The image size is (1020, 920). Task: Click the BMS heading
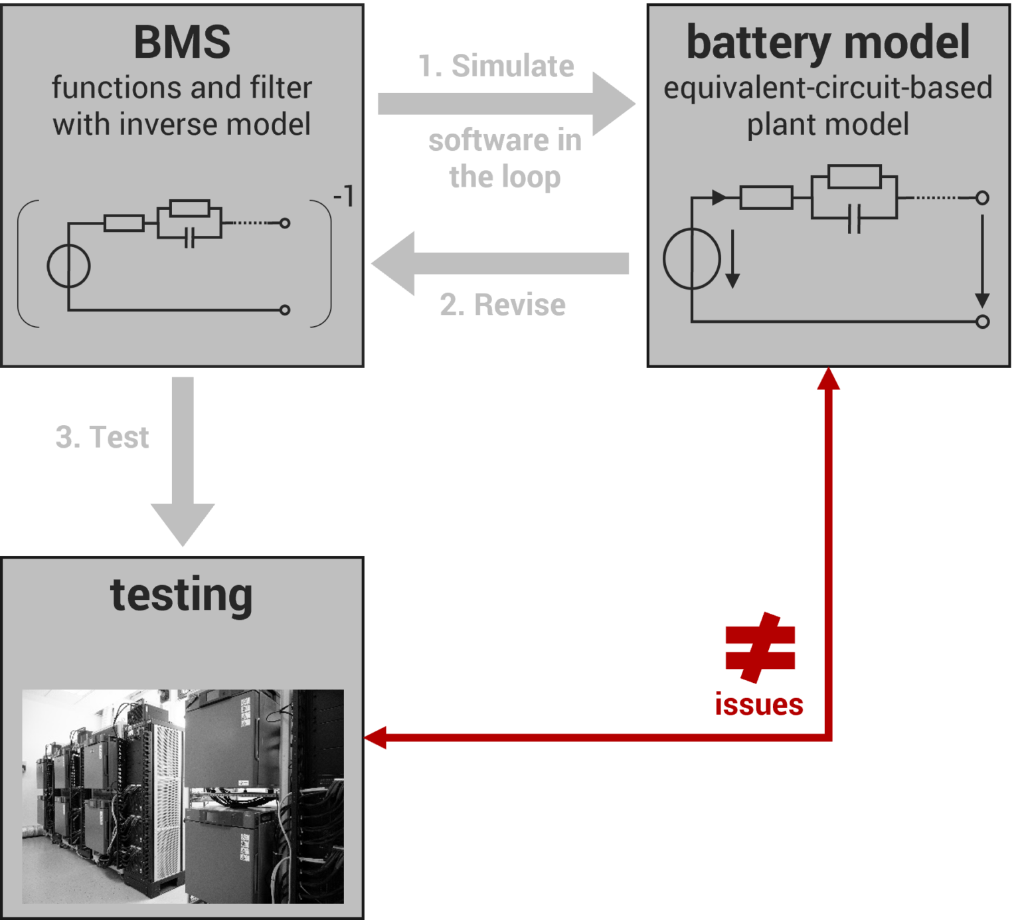point(182,43)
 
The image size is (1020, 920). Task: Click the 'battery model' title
point(827,43)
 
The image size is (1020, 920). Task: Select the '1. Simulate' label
point(496,66)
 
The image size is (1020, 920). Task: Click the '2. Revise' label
point(502,305)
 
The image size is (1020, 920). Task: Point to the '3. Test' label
point(102,437)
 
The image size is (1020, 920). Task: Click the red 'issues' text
point(759,704)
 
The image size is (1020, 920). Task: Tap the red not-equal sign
point(760,648)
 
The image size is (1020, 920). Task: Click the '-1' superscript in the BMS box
point(343,197)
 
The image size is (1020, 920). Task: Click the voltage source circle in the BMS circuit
point(68,266)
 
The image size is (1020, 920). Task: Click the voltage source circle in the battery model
point(691,258)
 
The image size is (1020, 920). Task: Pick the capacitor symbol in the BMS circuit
point(189,237)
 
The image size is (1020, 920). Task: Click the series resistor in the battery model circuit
point(766,198)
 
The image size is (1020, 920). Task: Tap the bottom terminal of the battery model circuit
point(982,322)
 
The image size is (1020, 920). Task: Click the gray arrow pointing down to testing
point(183,465)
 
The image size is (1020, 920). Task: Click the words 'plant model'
point(827,124)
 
